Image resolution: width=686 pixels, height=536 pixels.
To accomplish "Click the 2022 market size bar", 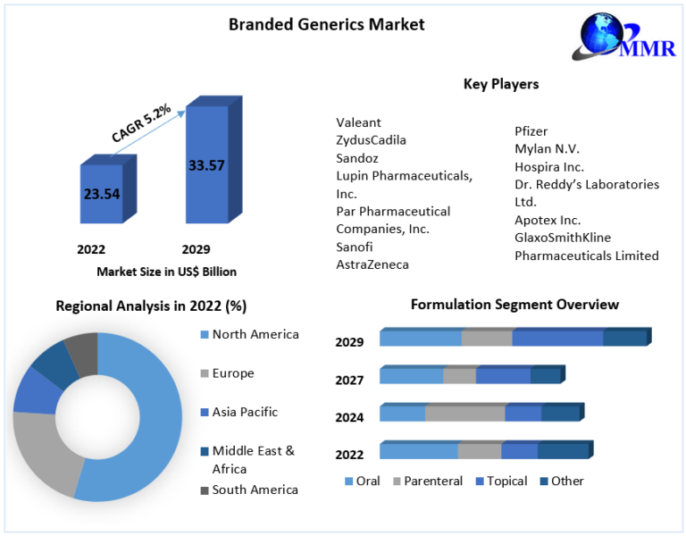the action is [x=108, y=189].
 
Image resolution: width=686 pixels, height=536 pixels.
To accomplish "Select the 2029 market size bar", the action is [x=213, y=160].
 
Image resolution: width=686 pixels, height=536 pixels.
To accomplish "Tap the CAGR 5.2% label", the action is [x=141, y=123].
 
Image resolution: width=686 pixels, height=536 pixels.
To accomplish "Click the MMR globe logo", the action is [x=624, y=37].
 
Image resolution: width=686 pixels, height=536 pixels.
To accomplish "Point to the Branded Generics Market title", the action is [x=327, y=24].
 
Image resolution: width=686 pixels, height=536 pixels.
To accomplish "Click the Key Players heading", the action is [x=501, y=84].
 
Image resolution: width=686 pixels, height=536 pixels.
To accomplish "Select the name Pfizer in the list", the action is [x=531, y=131].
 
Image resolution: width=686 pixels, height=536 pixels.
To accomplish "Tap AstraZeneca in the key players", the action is [x=372, y=264].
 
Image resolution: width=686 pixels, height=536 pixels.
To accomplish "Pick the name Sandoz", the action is [x=357, y=158].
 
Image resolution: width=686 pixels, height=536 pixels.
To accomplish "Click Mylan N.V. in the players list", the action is [x=547, y=149].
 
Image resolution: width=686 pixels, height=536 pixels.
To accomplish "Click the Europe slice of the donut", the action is [x=44, y=450].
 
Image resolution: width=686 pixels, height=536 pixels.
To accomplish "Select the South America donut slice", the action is [x=83, y=353].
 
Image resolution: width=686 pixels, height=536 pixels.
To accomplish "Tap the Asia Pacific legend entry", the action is [x=238, y=412].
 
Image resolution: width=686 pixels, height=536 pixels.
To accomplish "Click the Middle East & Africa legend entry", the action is [x=247, y=459].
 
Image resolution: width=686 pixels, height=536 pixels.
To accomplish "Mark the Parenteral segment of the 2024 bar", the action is [x=465, y=414].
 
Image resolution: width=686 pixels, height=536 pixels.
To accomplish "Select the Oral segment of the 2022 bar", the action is [x=419, y=450].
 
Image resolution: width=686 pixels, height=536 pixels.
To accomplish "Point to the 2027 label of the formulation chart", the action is [x=349, y=381].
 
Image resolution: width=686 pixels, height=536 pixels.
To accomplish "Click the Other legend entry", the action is [x=562, y=482].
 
